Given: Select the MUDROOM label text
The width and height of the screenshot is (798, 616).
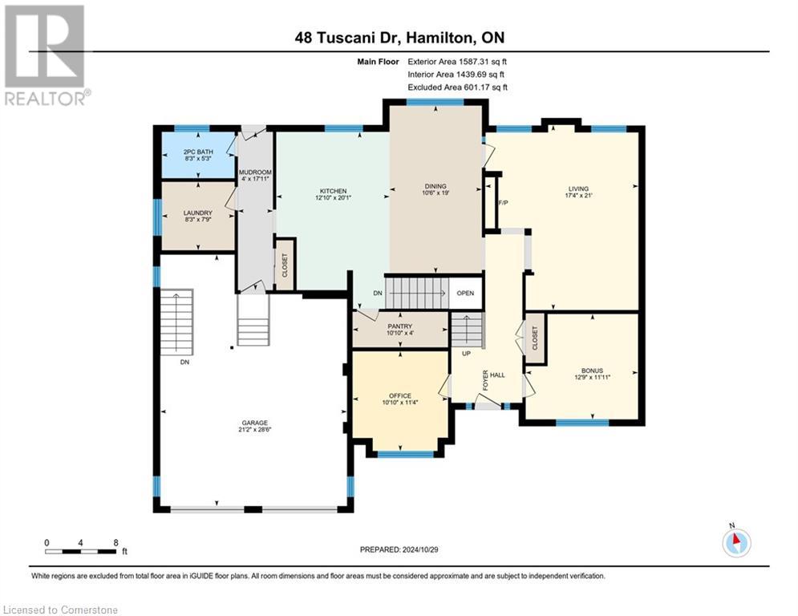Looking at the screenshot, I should (x=255, y=172).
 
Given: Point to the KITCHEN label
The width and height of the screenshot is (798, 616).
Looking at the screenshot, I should (x=332, y=191).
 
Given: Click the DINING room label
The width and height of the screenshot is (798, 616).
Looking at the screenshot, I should (x=435, y=186).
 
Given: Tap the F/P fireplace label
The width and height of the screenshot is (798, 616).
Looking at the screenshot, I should (x=504, y=203).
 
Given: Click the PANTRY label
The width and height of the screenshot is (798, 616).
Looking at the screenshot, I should (x=399, y=326).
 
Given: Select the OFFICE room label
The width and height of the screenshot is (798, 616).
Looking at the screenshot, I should (x=400, y=395).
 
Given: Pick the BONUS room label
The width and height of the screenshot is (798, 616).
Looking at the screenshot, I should (x=593, y=371).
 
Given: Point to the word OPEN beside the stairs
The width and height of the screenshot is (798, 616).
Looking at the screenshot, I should (x=465, y=293).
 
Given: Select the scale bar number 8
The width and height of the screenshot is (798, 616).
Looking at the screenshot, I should (x=116, y=542).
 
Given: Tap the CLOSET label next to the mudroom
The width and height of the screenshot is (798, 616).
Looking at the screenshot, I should (x=285, y=264).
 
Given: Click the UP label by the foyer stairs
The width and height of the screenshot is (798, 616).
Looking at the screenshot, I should (x=464, y=353).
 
